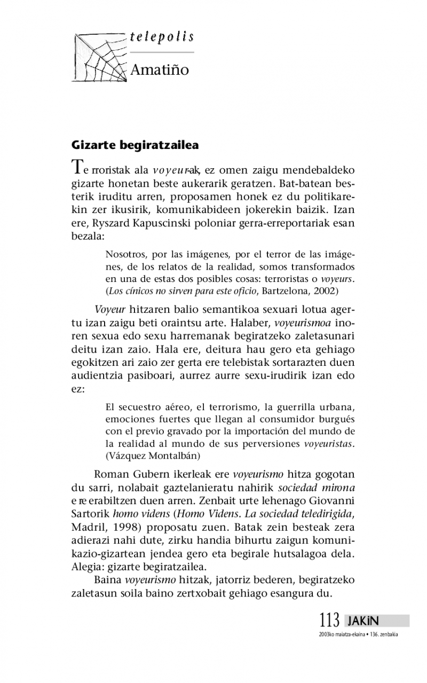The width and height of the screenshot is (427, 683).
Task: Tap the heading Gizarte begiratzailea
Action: click(135, 145)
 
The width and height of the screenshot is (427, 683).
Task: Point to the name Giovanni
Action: click(329, 500)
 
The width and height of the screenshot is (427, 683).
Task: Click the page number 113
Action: click(329, 621)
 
